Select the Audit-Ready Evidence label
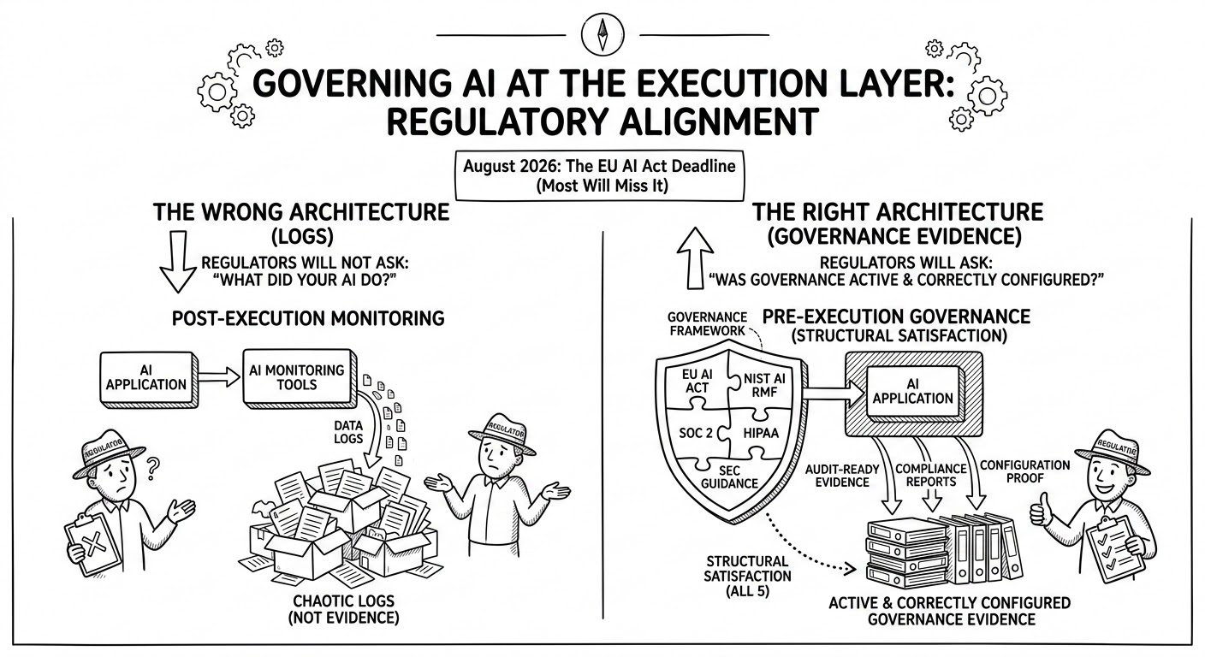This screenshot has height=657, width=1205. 844,476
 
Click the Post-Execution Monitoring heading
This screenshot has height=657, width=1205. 308,318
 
